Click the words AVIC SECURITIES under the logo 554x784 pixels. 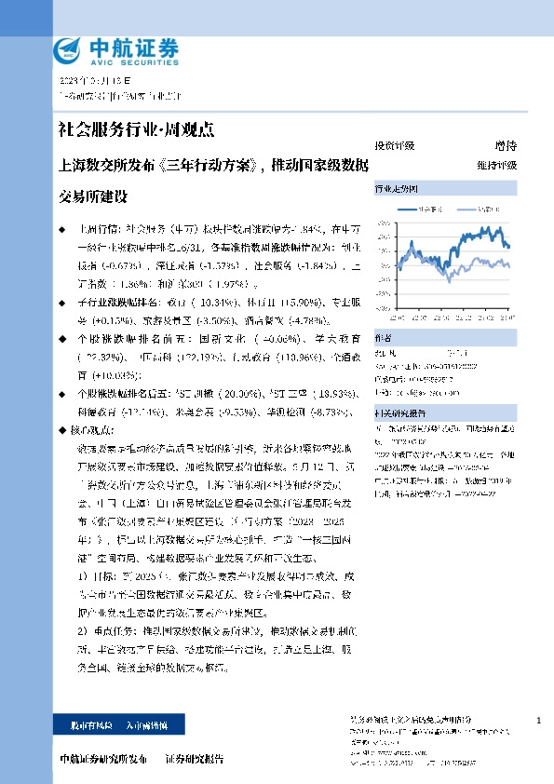click(x=119, y=59)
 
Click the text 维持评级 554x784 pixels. click(x=496, y=165)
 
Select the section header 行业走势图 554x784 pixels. click(x=395, y=188)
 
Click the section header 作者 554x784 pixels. click(x=383, y=337)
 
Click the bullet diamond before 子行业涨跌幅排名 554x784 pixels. click(x=61, y=303)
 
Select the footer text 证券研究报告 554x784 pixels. click(x=195, y=760)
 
